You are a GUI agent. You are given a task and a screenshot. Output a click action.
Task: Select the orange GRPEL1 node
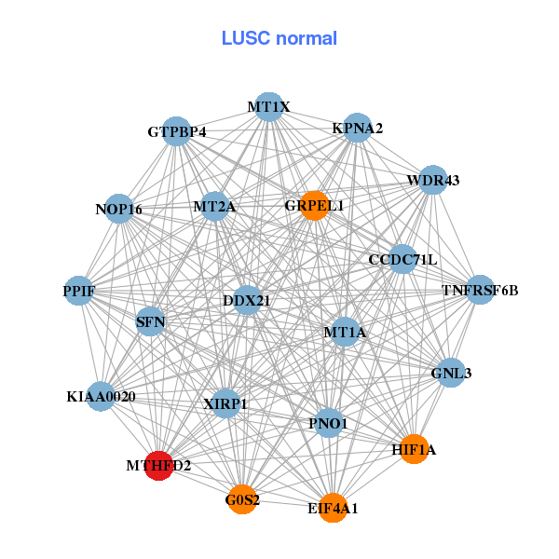click(x=315, y=206)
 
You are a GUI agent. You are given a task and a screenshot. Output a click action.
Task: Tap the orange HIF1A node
click(x=414, y=449)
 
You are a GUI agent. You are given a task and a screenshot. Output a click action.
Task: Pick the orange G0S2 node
click(x=242, y=498)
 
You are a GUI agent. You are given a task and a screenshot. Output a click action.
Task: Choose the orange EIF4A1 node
click(x=333, y=508)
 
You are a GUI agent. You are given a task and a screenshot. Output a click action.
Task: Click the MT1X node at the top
click(x=268, y=107)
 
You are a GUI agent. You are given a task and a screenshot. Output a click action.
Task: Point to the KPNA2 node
click(x=358, y=128)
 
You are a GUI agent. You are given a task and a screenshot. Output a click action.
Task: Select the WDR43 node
click(x=432, y=180)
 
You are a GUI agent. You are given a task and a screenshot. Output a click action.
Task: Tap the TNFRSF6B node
click(x=480, y=290)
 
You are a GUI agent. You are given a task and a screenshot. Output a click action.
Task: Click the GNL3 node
click(x=451, y=373)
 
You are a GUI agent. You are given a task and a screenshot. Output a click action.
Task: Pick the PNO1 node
click(x=327, y=423)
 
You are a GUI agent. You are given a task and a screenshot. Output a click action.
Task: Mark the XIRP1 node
click(x=225, y=403)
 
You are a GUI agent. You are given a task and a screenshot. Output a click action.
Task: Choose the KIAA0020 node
click(x=101, y=396)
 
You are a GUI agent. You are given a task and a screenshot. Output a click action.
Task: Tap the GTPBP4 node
click(x=177, y=132)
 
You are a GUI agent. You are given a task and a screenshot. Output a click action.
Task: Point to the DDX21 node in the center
click(x=246, y=300)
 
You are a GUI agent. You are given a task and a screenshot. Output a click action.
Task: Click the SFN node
click(x=151, y=322)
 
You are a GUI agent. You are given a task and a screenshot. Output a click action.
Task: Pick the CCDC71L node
click(x=402, y=258)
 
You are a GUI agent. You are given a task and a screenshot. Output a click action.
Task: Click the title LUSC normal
click(x=279, y=38)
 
